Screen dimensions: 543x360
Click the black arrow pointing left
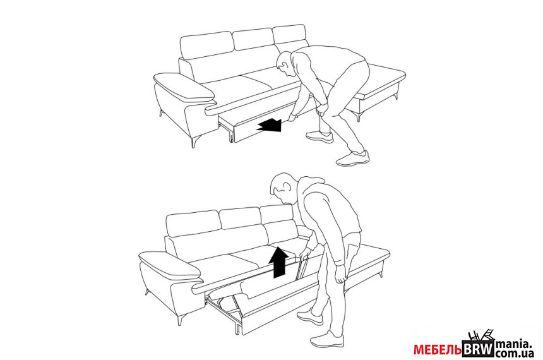click(x=269, y=125)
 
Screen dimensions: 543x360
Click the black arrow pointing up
click(x=279, y=262)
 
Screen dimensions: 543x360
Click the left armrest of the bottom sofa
click(x=169, y=266)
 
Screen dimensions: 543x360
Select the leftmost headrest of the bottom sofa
click(x=193, y=223)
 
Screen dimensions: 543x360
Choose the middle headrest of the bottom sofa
click(x=240, y=218)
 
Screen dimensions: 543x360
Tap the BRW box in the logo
click(x=478, y=349)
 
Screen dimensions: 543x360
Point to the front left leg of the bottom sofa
click(x=181, y=320)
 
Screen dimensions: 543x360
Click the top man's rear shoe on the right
click(x=353, y=159)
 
